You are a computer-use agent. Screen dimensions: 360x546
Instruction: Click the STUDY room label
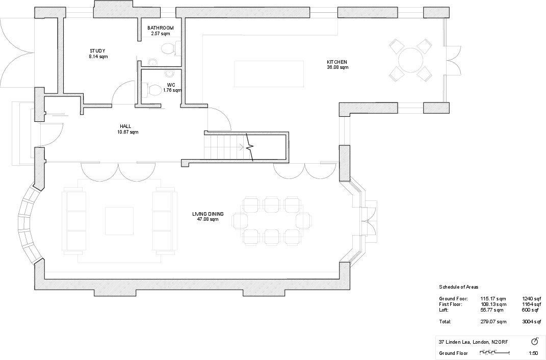pyautogui.click(x=97, y=50)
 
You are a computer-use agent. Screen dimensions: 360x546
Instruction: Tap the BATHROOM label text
pyautogui.click(x=161, y=28)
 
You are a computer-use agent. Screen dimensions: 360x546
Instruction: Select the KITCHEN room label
pyautogui.click(x=337, y=62)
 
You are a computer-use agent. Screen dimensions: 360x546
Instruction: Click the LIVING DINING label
pyautogui.click(x=208, y=214)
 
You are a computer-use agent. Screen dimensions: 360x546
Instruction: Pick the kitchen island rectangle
pyautogui.click(x=269, y=73)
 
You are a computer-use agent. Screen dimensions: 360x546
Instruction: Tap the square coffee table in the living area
pyautogui.click(x=119, y=221)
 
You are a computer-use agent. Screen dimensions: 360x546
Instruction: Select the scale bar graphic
pyautogui.click(x=495, y=352)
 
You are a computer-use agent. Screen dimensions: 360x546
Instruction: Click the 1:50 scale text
pyautogui.click(x=533, y=353)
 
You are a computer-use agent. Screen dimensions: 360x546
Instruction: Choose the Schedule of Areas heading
pyautogui.click(x=459, y=287)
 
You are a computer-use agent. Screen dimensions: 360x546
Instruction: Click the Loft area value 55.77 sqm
pyautogui.click(x=492, y=310)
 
